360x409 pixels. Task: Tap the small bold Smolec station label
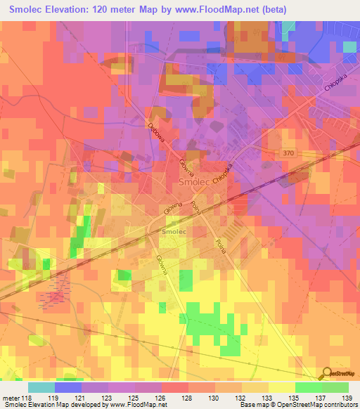174,231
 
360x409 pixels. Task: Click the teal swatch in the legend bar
41,387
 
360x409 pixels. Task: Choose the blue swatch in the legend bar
68,387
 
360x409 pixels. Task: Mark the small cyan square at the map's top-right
350,47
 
